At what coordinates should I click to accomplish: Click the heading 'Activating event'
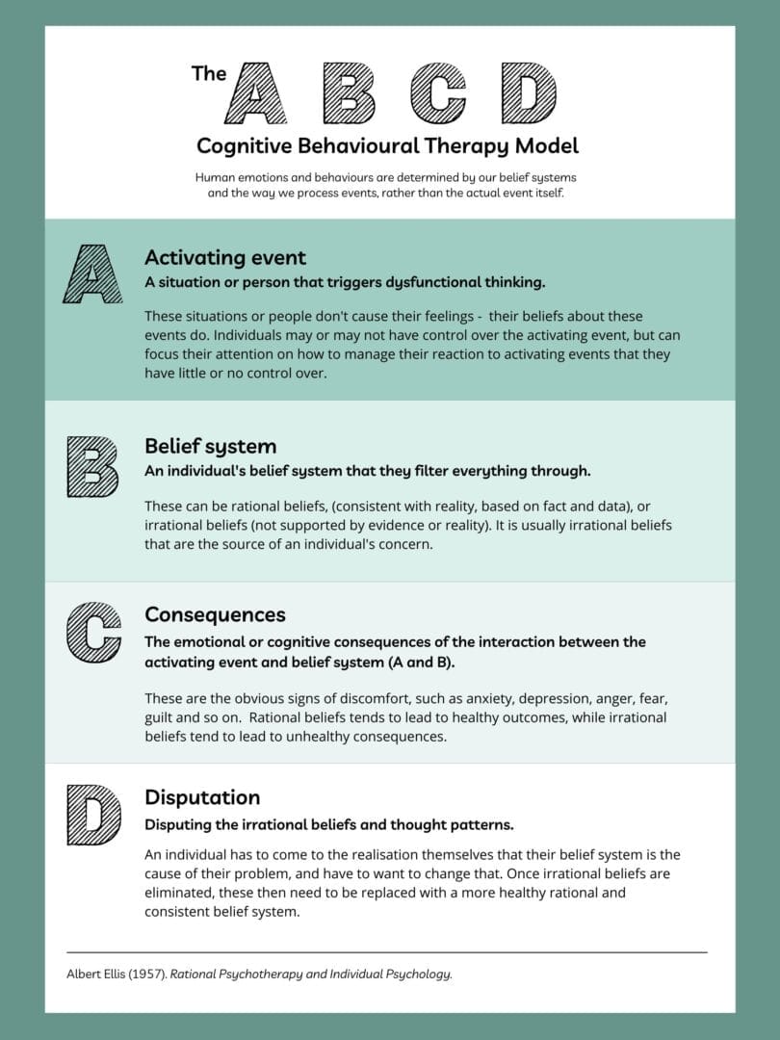coord(225,258)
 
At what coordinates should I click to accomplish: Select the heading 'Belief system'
coord(210,447)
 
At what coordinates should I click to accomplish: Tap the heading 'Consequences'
coord(215,614)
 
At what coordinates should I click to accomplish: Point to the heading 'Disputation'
coord(202,797)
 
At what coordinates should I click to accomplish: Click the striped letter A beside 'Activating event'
coord(92,273)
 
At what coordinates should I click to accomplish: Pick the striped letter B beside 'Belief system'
coord(92,466)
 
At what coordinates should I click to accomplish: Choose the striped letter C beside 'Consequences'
coord(93,633)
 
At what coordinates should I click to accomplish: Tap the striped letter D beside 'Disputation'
coord(93,815)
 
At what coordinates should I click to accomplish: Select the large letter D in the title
coord(529,93)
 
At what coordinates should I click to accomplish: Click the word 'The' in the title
coord(208,73)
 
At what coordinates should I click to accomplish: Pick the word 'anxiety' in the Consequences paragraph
coord(479,698)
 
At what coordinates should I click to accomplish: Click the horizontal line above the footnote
coord(386,952)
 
